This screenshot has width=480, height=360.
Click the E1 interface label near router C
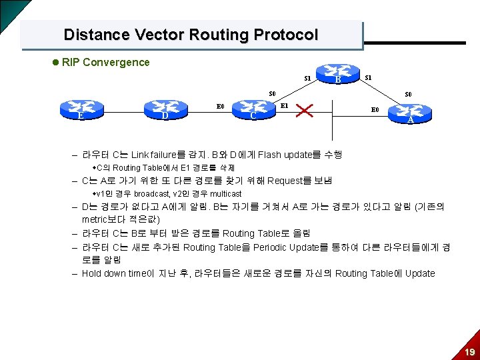tap(284, 105)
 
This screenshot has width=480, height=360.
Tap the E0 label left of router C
tap(220, 105)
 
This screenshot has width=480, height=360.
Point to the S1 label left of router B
tap(307, 79)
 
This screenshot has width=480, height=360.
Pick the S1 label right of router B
tap(368, 78)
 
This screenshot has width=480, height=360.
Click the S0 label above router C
tap(272, 93)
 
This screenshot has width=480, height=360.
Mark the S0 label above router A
tap(408, 94)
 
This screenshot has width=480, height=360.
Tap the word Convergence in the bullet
tap(117, 62)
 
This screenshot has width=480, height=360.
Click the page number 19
tap(469, 351)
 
